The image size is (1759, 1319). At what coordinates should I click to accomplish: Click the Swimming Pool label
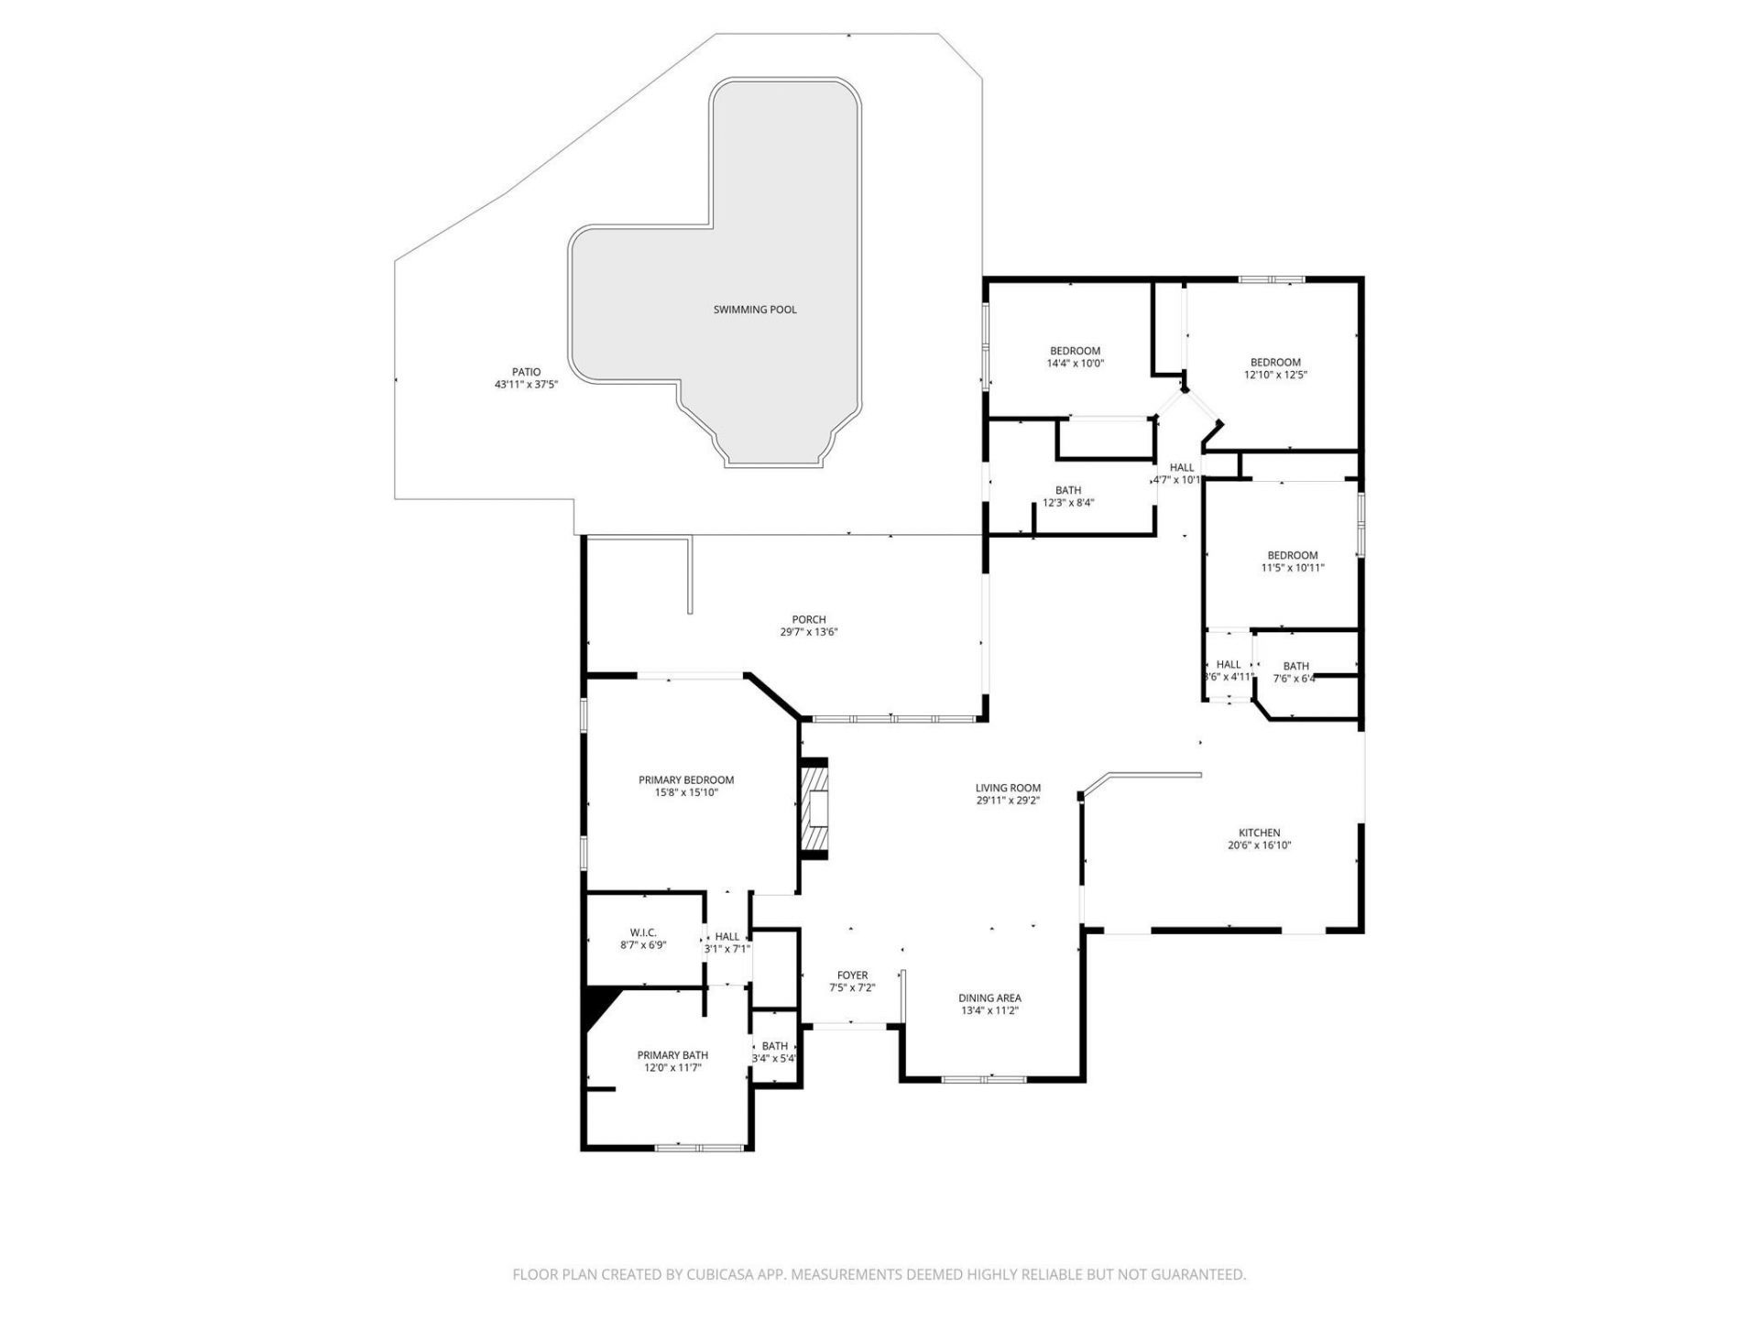(x=755, y=310)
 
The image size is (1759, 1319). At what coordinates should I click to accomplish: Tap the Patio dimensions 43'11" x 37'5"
(x=526, y=385)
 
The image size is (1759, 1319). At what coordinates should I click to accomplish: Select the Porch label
(x=809, y=619)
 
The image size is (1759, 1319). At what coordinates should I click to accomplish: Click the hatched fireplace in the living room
(x=815, y=809)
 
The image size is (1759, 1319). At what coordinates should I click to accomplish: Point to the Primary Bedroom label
(x=686, y=780)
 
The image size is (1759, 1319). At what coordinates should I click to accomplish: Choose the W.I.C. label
(x=643, y=932)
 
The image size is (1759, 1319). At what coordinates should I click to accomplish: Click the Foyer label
(x=852, y=976)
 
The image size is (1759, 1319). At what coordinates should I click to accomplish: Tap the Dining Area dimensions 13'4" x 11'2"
(x=989, y=1011)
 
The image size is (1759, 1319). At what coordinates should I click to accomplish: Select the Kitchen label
(x=1259, y=833)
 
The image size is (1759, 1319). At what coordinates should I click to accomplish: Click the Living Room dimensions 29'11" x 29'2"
(x=1008, y=801)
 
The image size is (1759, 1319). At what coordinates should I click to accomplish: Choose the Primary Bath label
(x=672, y=1055)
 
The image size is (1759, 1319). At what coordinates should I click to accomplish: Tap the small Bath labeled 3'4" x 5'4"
(x=774, y=1046)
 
